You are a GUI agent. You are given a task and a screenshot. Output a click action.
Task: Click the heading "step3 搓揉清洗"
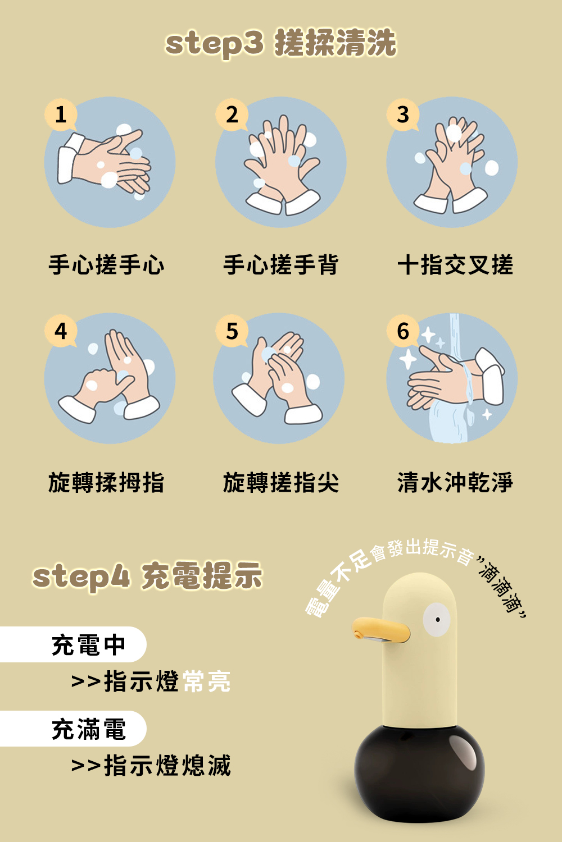tap(280, 43)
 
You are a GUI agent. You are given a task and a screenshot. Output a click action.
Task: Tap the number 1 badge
tap(61, 115)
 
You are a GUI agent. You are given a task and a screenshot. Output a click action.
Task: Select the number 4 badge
tap(61, 331)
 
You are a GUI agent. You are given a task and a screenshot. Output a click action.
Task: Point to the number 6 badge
tap(403, 331)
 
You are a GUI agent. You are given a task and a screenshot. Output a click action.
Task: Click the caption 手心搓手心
tap(107, 265)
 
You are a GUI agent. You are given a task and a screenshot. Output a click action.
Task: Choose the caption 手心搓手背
tap(281, 265)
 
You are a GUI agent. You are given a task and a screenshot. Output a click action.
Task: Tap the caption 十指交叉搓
tap(455, 265)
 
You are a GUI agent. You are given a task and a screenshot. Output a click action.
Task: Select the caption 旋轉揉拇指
tap(107, 482)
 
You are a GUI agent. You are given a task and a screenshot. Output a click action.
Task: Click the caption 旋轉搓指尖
tap(281, 482)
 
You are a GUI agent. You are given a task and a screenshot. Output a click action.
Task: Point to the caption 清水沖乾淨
tap(455, 482)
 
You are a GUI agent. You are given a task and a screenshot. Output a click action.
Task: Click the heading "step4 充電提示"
tap(148, 576)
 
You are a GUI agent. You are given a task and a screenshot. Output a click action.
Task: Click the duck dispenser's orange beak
tap(379, 629)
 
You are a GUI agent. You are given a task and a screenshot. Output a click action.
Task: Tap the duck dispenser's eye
tap(437, 620)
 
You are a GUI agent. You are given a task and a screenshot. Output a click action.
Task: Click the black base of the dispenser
tap(419, 775)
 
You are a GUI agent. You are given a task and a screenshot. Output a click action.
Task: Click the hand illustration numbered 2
tap(281, 163)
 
